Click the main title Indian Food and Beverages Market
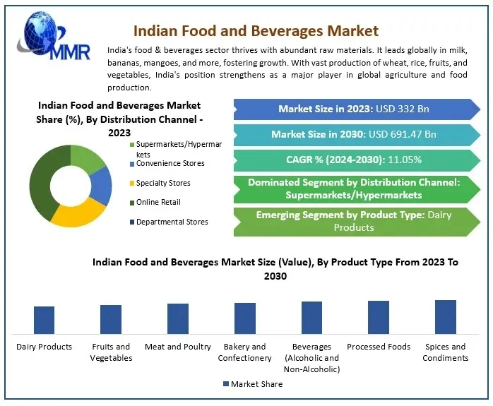point(256,30)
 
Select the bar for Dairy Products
point(44,320)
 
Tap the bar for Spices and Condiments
point(446,316)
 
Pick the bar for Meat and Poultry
point(178,318)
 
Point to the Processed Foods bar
point(379,317)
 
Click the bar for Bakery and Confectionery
point(245,318)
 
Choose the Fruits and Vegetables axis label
point(111,352)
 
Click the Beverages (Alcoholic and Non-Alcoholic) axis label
point(311,357)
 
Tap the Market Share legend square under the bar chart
point(226,383)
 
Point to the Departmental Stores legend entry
point(172,222)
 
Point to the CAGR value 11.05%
point(405,160)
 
